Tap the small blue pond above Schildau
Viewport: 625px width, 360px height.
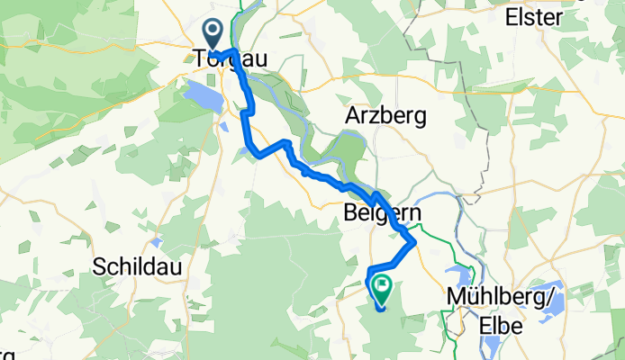coord(158,242)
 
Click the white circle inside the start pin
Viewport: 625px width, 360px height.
coord(213,32)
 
